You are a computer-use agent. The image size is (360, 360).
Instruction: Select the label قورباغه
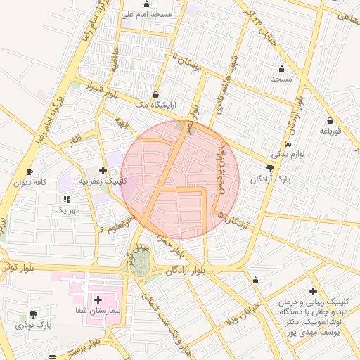coord(330,131)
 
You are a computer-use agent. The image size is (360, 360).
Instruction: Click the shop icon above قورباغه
coord(330,120)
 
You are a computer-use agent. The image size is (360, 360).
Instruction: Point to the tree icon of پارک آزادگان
coord(271,167)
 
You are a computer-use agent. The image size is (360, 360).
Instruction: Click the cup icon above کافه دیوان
coord(30,172)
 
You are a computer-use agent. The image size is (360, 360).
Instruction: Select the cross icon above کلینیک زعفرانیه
coord(103,170)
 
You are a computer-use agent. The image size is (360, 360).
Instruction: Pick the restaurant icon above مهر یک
coord(67,200)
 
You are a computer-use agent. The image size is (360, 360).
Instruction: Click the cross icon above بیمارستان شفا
coord(98,300)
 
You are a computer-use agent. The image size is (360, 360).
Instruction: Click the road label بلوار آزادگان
coord(189,271)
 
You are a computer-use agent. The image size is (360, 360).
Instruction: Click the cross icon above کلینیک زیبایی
coord(313,291)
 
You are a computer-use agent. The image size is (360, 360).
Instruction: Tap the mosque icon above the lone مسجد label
coord(282,69)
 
